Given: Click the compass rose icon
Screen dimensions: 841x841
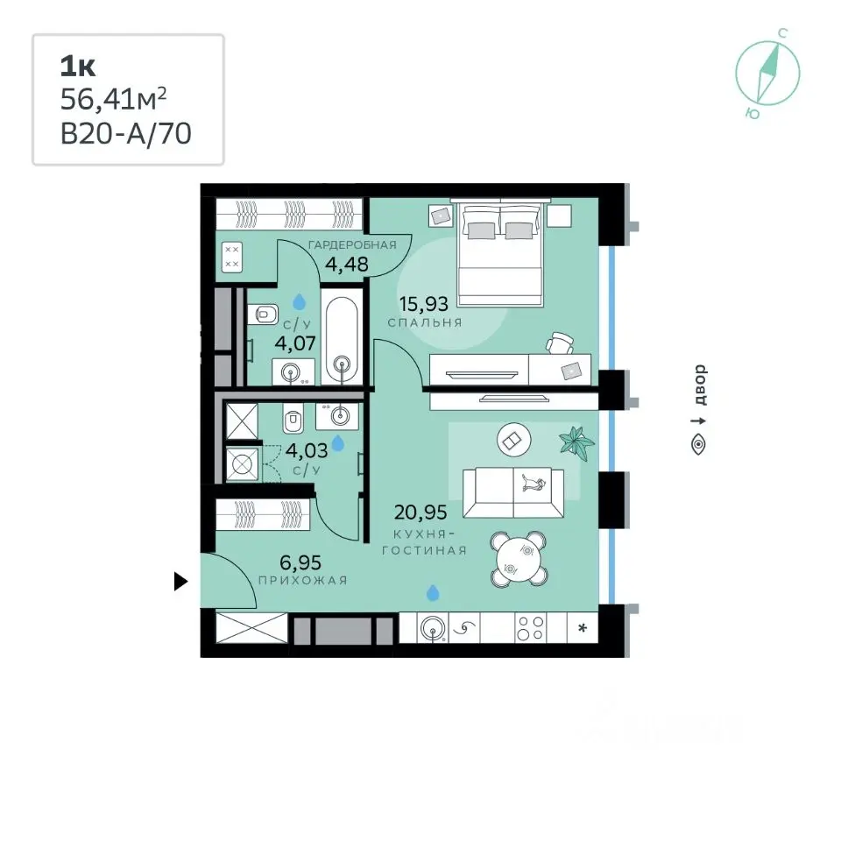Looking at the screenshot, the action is (767, 74).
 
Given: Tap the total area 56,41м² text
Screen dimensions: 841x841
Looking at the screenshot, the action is (113, 99).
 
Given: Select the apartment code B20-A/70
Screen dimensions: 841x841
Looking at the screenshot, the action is (125, 134).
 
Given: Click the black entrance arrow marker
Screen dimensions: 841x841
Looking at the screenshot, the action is (180, 582).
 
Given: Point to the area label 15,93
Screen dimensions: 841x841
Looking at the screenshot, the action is (424, 304).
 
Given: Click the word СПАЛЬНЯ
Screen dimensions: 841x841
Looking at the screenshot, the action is (425, 322).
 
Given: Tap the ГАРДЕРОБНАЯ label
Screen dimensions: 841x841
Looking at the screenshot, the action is (352, 245).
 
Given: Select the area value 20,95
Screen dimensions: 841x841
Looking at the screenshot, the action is (420, 512).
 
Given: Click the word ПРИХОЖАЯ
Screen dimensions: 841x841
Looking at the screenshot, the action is (303, 580).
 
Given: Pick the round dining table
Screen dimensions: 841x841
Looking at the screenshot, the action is (519, 559).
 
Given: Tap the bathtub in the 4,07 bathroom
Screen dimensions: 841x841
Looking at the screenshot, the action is (342, 337).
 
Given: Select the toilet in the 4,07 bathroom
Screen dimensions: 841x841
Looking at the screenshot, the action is (264, 314).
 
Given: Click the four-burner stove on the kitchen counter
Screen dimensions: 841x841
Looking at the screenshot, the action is (530, 628).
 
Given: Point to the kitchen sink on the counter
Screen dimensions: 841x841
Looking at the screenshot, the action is (434, 628).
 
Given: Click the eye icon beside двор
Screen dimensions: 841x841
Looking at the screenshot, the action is (698, 445).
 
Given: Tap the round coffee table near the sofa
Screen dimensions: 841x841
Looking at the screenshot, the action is (514, 441).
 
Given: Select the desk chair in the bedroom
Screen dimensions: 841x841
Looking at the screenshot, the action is (561, 343).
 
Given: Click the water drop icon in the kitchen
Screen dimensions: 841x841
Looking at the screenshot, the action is (433, 593).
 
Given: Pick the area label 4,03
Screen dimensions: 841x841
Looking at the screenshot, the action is (307, 450).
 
